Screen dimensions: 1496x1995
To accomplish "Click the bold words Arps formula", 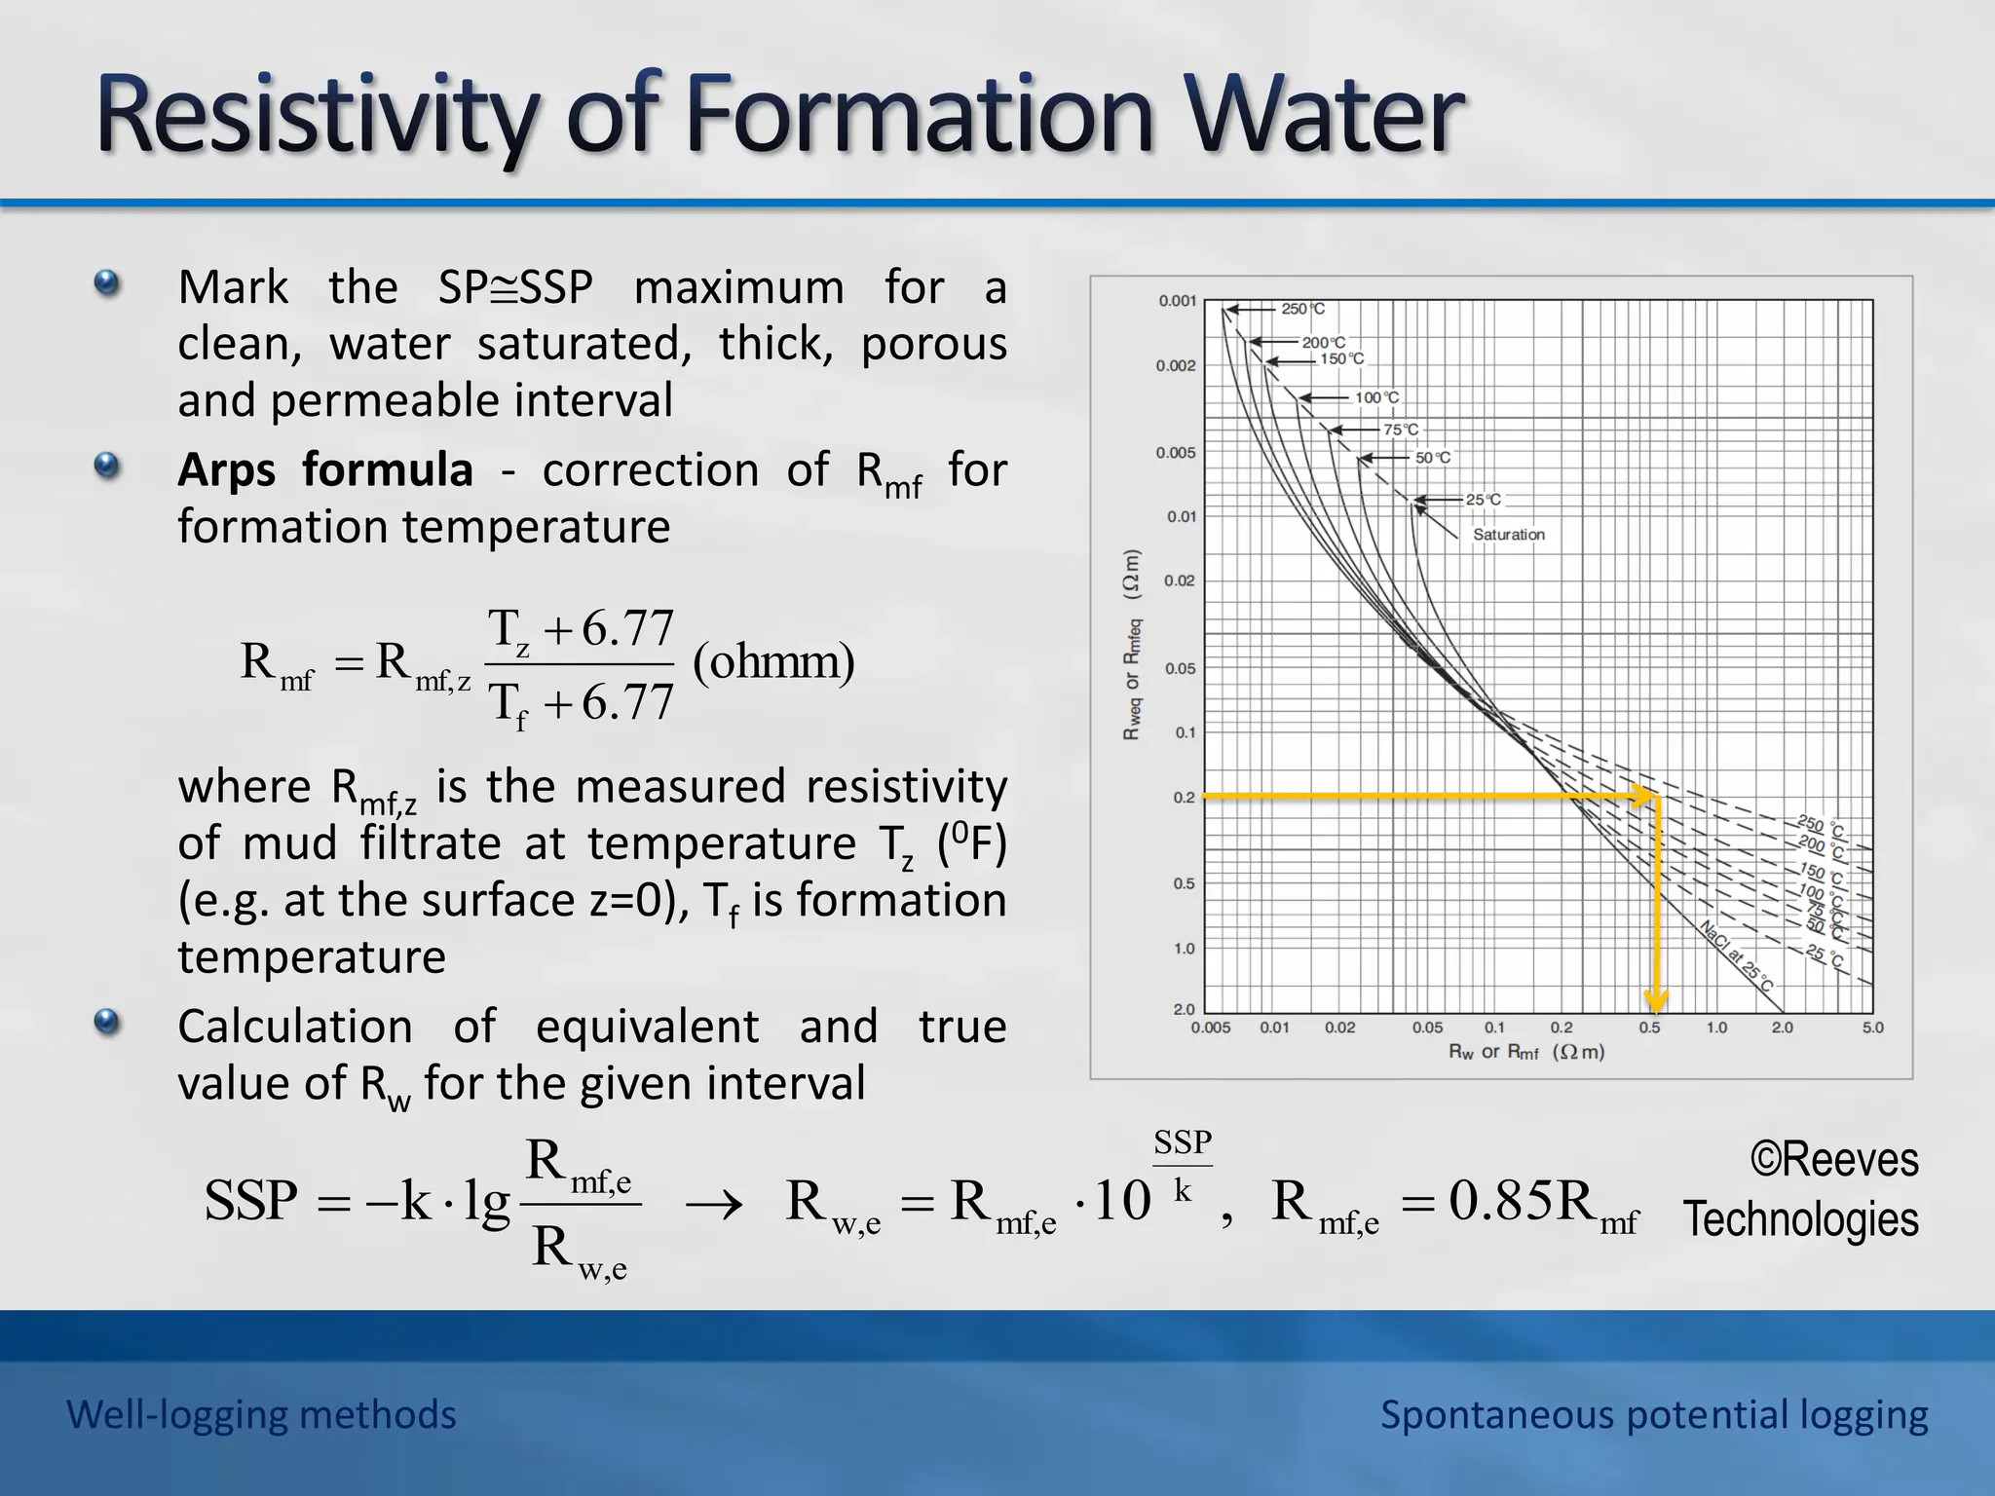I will coord(325,470).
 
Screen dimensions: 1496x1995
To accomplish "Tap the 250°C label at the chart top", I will coord(1302,309).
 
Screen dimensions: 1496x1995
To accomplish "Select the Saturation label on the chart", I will coord(1508,535).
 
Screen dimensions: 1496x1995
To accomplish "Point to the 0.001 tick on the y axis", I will coord(1177,301).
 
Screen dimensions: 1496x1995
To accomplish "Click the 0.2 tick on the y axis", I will coord(1184,798).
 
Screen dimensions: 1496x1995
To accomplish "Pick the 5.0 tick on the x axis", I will coord(1872,1028).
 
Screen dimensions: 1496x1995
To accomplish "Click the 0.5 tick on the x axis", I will coord(1649,1028).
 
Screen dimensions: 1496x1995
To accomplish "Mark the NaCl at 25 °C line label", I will coord(1736,955).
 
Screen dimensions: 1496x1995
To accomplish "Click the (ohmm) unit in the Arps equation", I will coord(773,662).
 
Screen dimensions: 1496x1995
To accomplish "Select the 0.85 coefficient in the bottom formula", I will coord(1500,1200).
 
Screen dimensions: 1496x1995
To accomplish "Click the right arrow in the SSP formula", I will coord(713,1206).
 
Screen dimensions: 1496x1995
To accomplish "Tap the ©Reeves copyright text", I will coord(1833,1159).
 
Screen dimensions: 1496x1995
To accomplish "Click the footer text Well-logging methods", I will coord(261,1414).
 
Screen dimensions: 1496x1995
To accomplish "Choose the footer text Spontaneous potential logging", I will coord(1653,1414).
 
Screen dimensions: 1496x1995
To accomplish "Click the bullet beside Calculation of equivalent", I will coord(107,1023).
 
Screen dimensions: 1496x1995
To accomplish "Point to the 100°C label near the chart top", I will coord(1376,397).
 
